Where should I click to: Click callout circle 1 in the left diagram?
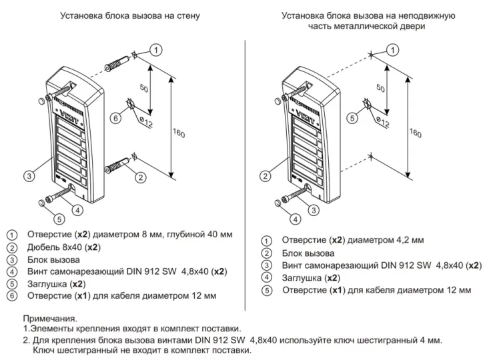pyautogui.click(x=155, y=50)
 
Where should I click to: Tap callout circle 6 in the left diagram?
pyautogui.click(x=116, y=117)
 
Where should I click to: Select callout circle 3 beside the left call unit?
pyautogui.click(x=29, y=176)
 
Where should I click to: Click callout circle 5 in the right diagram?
pyautogui.click(x=352, y=117)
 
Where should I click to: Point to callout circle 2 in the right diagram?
pyautogui.click(x=266, y=176)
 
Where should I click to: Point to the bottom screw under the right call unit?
pyautogui.click(x=294, y=195)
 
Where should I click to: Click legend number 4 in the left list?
pyautogui.click(x=11, y=272)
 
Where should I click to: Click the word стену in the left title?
pyautogui.click(x=187, y=15)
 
